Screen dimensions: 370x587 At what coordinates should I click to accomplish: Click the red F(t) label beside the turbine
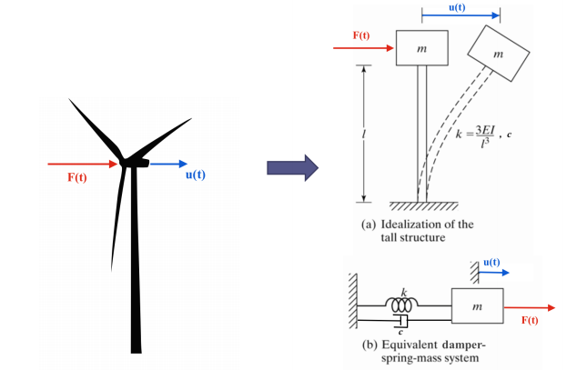(77, 176)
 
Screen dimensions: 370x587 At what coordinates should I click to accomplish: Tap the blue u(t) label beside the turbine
(194, 175)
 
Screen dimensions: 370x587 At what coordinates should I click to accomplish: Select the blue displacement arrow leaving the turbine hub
(167, 165)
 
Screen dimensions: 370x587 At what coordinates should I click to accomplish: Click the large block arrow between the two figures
(290, 167)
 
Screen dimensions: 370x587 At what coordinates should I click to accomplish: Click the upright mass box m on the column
(421, 48)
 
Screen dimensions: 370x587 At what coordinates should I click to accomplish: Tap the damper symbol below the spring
(401, 322)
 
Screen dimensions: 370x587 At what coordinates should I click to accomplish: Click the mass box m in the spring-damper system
(478, 308)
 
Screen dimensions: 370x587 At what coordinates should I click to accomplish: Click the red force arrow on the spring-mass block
(528, 308)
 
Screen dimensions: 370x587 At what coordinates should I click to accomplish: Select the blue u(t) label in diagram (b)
(491, 263)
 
